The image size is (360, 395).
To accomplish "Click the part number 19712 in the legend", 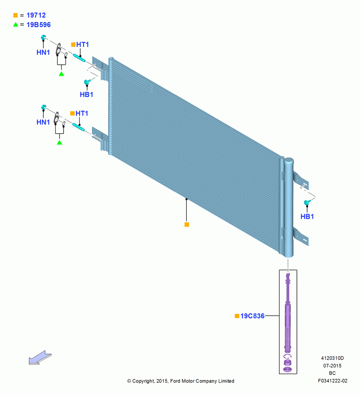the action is tap(36, 15).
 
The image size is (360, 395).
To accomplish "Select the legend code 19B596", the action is tap(39, 24).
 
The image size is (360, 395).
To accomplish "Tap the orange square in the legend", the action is tap(16, 15).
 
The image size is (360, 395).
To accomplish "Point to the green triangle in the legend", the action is tap(16, 24).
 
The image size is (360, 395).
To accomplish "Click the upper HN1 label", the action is tap(43, 53).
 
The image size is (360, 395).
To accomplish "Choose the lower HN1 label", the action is tap(43, 122).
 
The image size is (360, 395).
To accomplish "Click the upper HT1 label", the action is tap(82, 45).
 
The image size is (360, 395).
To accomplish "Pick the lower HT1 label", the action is tap(82, 113).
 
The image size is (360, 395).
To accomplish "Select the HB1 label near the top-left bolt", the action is tap(86, 94).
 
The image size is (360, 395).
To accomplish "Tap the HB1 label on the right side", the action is tap(307, 216).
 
